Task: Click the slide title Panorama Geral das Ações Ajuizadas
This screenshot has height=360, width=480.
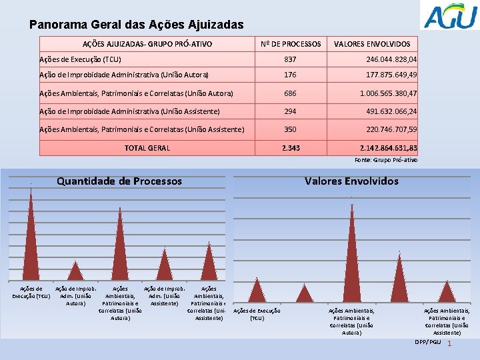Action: point(137,25)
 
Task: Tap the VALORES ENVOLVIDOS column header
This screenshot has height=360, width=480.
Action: point(372,44)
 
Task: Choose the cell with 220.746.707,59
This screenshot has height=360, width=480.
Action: point(386,129)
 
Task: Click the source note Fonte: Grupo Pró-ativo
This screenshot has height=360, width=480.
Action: point(385,160)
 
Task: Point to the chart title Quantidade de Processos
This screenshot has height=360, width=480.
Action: point(119,181)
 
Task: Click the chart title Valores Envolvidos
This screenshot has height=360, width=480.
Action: point(351,181)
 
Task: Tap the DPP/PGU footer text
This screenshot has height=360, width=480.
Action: point(427,342)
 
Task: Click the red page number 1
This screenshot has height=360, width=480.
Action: point(450,343)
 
